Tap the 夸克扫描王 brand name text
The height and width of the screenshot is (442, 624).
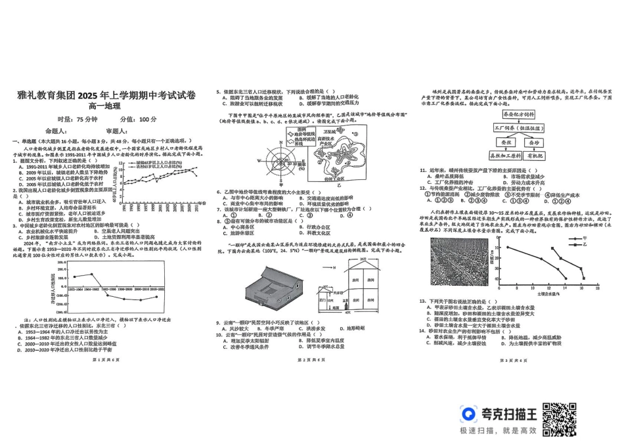(x=508, y=414)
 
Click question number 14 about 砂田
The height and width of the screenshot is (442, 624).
(x=424, y=330)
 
